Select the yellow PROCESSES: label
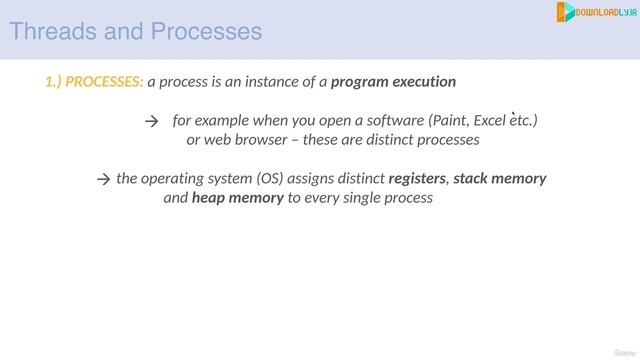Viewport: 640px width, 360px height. tap(105, 81)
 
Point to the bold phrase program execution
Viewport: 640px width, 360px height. tap(393, 81)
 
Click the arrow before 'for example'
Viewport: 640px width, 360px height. tap(152, 121)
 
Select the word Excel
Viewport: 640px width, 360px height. tap(491, 121)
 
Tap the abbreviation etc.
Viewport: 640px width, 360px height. tap(523, 121)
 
